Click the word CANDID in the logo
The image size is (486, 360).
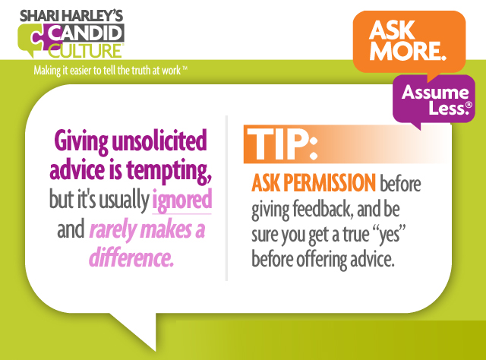(86, 33)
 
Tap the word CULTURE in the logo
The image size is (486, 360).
(86, 51)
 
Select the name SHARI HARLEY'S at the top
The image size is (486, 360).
(71, 16)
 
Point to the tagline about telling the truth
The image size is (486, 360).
(110, 71)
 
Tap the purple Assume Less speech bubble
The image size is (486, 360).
(434, 99)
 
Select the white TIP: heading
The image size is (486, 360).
(282, 144)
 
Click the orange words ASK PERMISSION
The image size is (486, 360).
(314, 183)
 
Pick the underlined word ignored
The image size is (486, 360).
(182, 201)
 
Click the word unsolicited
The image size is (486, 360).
(159, 141)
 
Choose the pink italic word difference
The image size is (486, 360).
(131, 257)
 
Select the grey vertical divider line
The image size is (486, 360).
(226, 198)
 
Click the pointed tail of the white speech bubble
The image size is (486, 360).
(155, 350)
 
